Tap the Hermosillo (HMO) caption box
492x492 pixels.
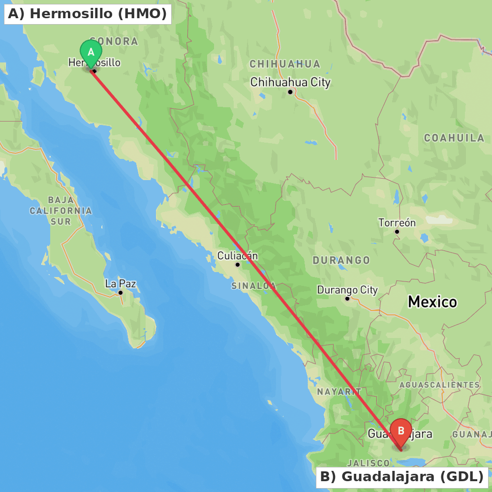[x=88, y=14]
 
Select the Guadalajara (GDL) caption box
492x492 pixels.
[x=402, y=477]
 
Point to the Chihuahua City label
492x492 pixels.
[x=290, y=82]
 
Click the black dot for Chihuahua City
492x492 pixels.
[x=290, y=92]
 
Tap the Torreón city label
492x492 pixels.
[x=397, y=222]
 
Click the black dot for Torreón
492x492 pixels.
[x=397, y=232]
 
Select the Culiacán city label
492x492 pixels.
[x=238, y=255]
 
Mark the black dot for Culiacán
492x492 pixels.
[x=238, y=265]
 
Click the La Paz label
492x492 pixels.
[x=121, y=283]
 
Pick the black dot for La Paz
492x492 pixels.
[x=121, y=293]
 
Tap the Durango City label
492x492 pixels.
[x=347, y=290]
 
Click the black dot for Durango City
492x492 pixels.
[x=347, y=299]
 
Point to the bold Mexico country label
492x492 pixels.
[x=432, y=302]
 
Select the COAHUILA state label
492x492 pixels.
[x=455, y=138]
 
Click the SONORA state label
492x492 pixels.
[x=114, y=41]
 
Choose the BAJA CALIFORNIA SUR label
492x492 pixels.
[x=61, y=211]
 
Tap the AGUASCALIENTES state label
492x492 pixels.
[x=440, y=384]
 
